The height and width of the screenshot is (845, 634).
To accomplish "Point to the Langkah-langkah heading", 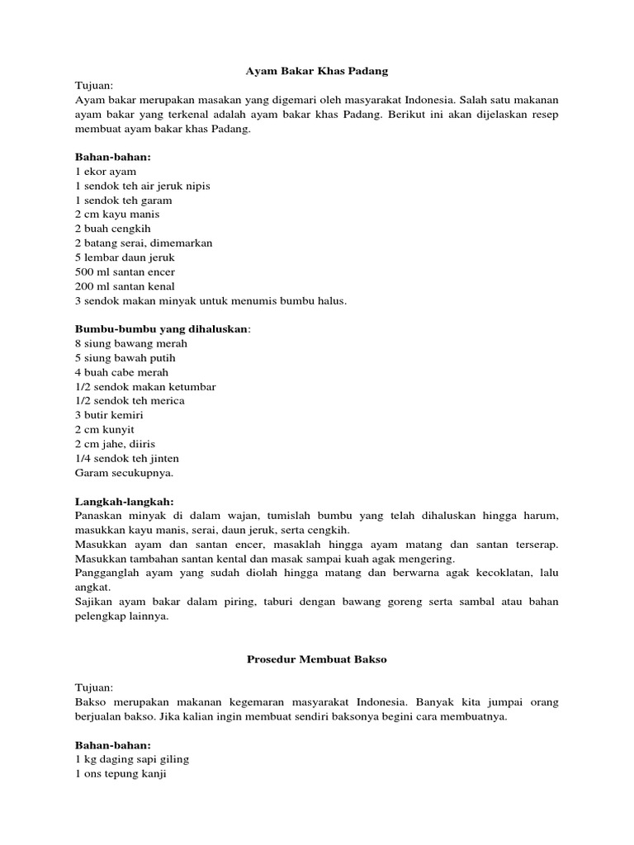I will point(124,501).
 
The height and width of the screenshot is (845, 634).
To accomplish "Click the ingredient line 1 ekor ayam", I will point(106,171).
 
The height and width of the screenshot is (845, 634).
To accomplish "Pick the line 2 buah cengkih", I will point(112,229).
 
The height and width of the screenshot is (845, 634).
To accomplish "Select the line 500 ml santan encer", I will point(125,271).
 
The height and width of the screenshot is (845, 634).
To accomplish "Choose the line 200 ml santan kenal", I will point(125,286).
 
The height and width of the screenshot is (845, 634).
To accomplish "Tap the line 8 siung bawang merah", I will point(131,343).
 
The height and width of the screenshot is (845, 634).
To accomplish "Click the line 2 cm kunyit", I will point(105,429).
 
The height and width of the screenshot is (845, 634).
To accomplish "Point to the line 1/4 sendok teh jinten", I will point(127,458).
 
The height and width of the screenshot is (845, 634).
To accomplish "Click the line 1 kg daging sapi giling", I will point(132,759).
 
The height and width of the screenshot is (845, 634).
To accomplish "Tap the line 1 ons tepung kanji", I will point(121,774).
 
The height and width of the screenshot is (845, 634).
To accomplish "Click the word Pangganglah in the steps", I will point(104,572).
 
